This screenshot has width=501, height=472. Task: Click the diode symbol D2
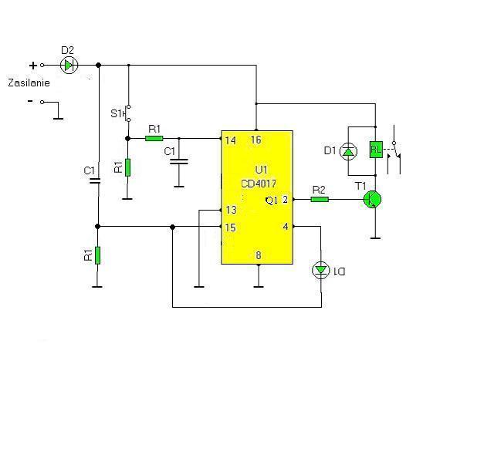pos(69,65)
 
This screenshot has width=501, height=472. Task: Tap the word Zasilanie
pos(29,83)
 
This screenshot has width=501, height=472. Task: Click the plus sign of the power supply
pos(33,66)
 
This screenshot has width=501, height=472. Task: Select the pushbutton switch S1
pos(128,113)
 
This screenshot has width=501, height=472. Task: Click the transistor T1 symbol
pos(373,200)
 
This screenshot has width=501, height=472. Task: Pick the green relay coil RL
pos(376,150)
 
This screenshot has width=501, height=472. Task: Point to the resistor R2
pos(320,200)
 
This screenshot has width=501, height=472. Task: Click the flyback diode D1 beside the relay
pos(348,151)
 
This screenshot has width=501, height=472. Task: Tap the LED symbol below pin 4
pos(321,270)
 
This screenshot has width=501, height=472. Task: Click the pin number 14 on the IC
pos(230,140)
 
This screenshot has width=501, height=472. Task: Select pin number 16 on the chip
pos(256,140)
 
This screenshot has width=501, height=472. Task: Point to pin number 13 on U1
pos(231,210)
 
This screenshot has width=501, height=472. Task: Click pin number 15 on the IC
pos(230,228)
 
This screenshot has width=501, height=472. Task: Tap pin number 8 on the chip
pos(259,255)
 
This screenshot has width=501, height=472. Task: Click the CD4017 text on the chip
pos(259,184)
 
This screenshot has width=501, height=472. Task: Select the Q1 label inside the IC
pos(272,201)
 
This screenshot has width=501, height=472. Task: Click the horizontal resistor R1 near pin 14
pos(154,138)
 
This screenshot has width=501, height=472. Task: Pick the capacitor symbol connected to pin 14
pos(179,161)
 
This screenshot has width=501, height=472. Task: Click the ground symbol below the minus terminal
pos(58,119)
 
